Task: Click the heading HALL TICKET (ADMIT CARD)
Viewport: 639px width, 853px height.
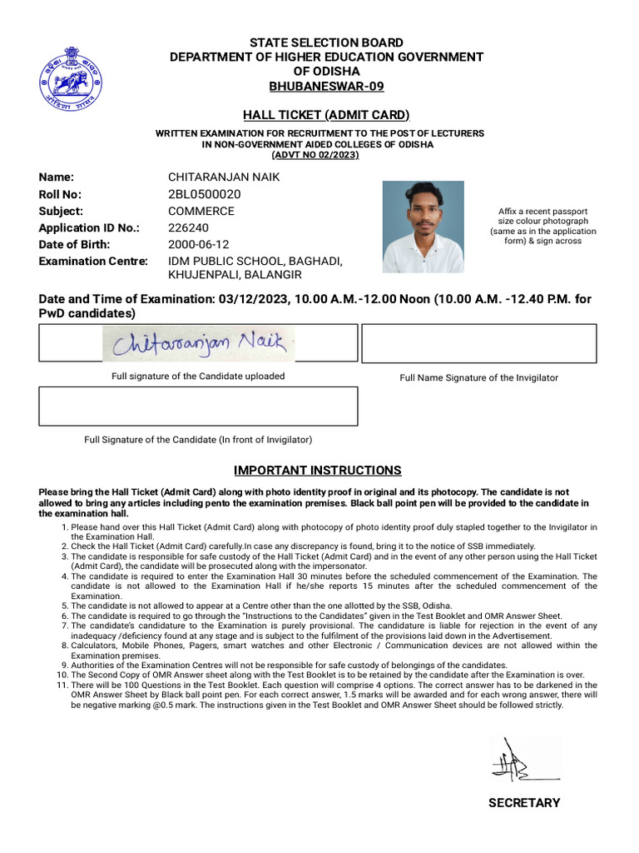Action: coord(326,115)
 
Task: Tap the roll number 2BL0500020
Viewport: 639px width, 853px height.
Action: coord(204,194)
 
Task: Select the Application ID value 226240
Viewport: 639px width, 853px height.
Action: coord(188,227)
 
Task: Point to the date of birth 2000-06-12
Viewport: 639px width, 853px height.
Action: coord(198,244)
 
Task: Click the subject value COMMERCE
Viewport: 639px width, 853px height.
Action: coord(201,211)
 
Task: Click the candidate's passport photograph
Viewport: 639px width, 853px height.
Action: coord(423,227)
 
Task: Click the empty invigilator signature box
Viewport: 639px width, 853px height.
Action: coord(478,343)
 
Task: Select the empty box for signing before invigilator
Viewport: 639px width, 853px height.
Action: coord(198,406)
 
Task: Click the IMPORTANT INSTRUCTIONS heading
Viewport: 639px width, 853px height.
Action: coord(317,471)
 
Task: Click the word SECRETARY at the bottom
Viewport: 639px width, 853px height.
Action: coord(524,803)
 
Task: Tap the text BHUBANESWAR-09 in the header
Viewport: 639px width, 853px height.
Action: coord(326,87)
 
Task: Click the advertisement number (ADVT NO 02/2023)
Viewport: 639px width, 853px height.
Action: coord(315,155)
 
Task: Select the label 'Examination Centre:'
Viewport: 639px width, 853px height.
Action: coord(93,261)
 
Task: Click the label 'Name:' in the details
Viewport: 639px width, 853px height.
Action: coord(57,177)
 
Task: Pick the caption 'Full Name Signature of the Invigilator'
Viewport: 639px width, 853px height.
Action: coord(478,377)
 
